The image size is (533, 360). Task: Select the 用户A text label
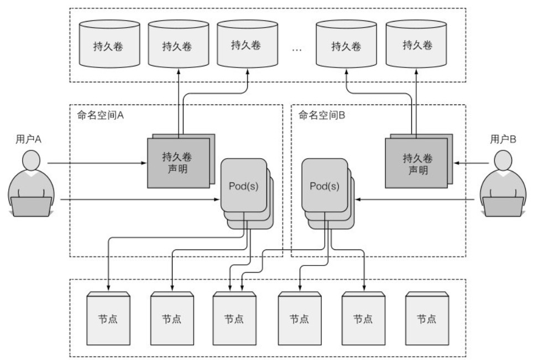click(x=28, y=139)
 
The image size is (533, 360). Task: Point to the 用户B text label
click(x=503, y=139)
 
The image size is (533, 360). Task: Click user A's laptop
click(x=32, y=207)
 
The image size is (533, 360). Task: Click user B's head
click(x=503, y=162)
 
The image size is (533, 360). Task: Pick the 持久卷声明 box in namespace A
click(x=177, y=161)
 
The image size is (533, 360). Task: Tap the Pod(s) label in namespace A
click(x=243, y=186)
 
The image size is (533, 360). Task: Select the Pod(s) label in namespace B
click(x=325, y=186)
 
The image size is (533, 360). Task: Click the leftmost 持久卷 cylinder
click(x=108, y=45)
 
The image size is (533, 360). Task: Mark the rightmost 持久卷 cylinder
click(x=416, y=45)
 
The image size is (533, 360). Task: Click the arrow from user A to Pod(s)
click(x=138, y=199)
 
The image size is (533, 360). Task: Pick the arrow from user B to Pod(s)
click(x=415, y=199)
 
